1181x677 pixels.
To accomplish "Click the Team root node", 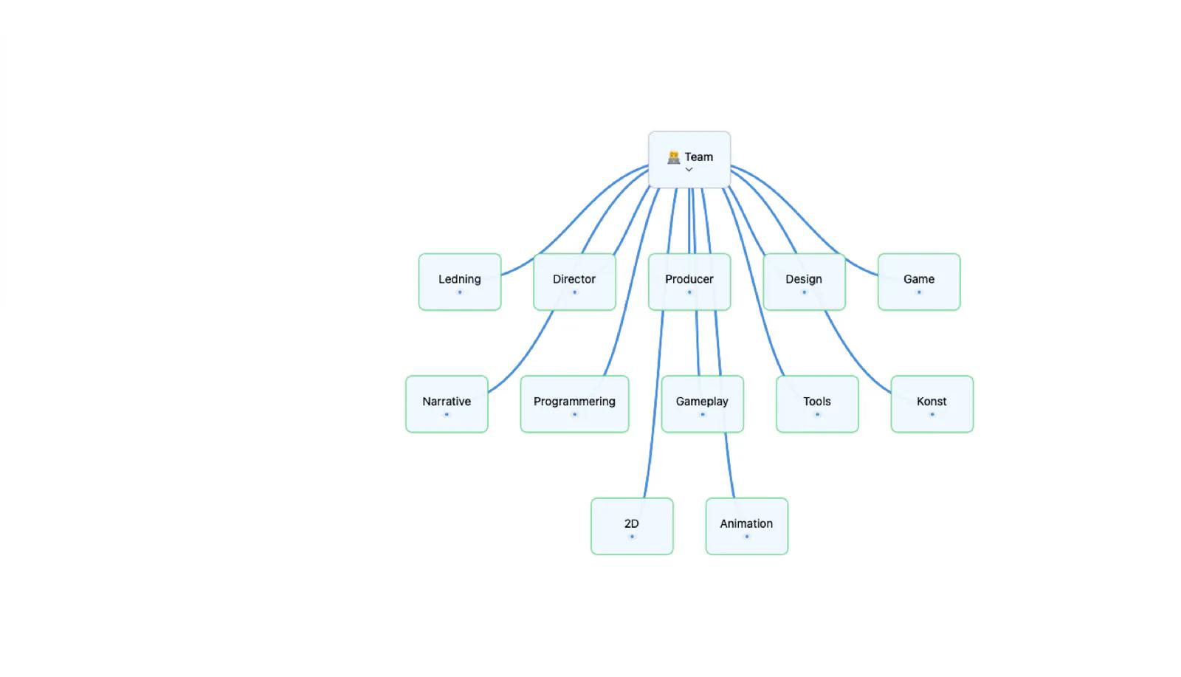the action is click(689, 159).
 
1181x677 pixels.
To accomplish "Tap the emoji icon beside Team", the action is click(674, 157).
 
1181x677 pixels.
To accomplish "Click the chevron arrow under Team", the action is click(689, 170).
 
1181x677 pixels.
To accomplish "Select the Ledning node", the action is click(460, 282).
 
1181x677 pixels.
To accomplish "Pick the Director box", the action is click(575, 282).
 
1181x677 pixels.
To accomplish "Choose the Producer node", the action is click(689, 282).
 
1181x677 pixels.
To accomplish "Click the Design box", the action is click(804, 282).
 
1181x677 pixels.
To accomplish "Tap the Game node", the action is click(919, 282).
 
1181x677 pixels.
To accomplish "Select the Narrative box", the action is click(447, 405).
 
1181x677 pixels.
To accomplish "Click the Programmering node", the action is click(575, 405).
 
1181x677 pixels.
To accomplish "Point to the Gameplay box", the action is click(702, 405).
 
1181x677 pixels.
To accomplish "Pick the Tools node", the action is click(817, 405).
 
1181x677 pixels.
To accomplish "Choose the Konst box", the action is click(932, 405).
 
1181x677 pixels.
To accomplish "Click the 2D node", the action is click(632, 526).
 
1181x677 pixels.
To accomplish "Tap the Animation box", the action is click(746, 526).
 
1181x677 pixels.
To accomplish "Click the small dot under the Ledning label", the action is click(460, 292).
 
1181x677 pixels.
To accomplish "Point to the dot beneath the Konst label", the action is click(932, 414).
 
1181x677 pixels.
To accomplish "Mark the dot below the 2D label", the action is click(632, 537).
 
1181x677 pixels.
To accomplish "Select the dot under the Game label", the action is click(919, 292).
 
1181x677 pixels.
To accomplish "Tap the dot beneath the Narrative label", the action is click(447, 414).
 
